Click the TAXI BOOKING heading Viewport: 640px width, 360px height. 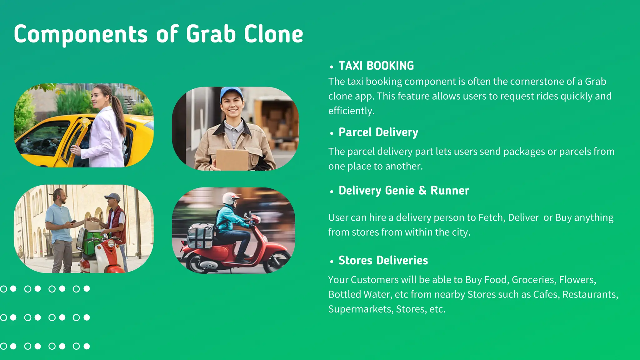pos(376,66)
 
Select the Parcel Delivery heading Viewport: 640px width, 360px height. pos(378,132)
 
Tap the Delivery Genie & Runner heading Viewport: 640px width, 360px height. pos(404,191)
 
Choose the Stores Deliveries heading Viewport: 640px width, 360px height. pos(383,261)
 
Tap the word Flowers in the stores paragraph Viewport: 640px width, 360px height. pos(577,280)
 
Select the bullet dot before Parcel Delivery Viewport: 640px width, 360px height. pos(332,133)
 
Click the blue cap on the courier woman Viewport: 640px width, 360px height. pos(231,92)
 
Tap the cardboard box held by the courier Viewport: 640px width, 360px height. pos(232,159)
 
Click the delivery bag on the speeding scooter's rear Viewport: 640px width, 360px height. pos(200,236)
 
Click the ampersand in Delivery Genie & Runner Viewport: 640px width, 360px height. pos(422,191)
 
